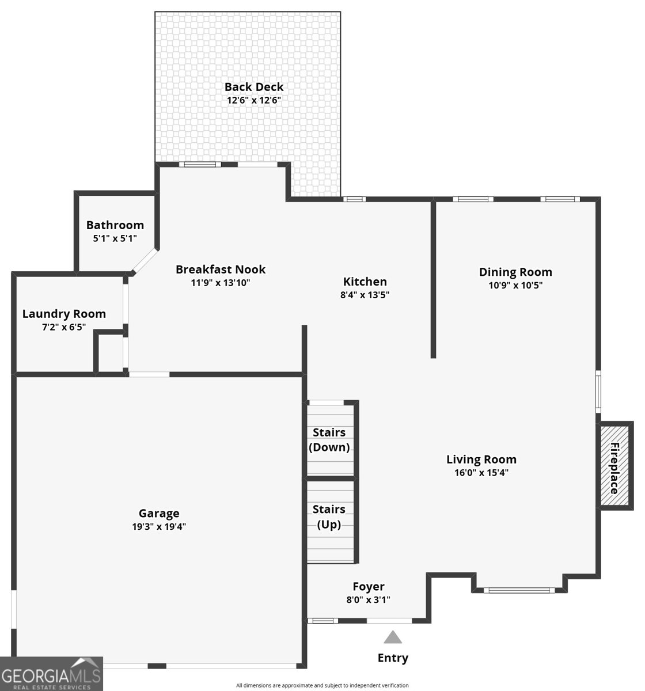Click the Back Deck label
(x=254, y=87)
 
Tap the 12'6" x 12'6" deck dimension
(x=254, y=100)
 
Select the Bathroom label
(x=115, y=225)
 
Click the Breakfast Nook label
(x=221, y=269)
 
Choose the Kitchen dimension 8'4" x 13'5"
(x=365, y=295)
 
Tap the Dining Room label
(x=515, y=272)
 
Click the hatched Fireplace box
(x=614, y=468)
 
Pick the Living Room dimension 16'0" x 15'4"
(x=481, y=473)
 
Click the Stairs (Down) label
(x=329, y=440)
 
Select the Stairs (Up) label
(x=329, y=517)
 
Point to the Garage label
(x=159, y=513)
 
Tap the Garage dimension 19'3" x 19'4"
(x=159, y=526)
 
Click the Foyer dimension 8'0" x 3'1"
(x=369, y=599)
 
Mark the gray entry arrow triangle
(x=393, y=637)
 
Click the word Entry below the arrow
(x=393, y=658)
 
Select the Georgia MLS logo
(x=51, y=674)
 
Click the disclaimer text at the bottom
(x=322, y=685)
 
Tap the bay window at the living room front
(x=519, y=590)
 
